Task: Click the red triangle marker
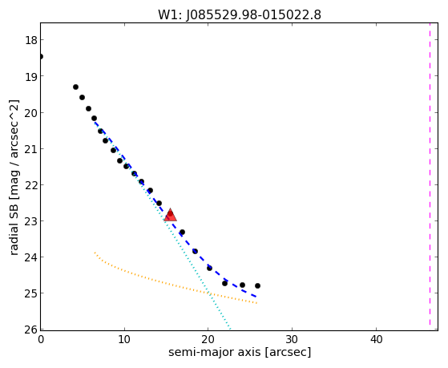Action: click(170, 215)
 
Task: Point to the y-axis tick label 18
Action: click(31, 40)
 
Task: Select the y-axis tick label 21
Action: click(31, 149)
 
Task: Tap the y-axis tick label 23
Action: click(31, 221)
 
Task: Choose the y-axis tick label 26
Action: click(31, 330)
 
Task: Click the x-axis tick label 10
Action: click(124, 339)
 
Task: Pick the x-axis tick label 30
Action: click(292, 339)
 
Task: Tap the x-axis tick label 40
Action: click(376, 339)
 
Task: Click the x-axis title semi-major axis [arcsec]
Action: click(240, 352)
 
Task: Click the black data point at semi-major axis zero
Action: click(41, 56)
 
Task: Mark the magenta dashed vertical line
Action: click(430, 175)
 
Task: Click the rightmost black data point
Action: click(257, 285)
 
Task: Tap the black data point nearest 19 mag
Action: click(75, 87)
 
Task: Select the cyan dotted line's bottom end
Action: click(230, 329)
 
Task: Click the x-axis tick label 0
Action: click(41, 339)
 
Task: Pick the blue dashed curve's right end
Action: click(256, 297)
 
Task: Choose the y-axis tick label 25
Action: click(31, 293)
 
